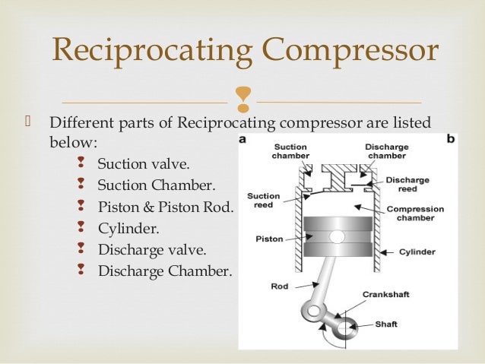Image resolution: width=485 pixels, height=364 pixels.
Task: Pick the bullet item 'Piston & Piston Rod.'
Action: click(166, 207)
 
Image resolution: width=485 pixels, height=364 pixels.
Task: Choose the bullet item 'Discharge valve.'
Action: click(152, 249)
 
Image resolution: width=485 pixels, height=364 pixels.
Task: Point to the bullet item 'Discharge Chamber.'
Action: click(164, 271)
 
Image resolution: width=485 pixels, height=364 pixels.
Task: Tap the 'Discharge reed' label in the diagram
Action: click(407, 185)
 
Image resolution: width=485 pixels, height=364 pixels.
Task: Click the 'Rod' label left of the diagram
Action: click(278, 287)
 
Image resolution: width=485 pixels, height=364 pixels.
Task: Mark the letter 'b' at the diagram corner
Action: click(451, 140)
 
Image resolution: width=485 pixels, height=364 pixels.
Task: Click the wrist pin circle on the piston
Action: click(337, 237)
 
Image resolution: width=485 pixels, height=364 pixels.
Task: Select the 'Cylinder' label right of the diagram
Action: click(417, 252)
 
